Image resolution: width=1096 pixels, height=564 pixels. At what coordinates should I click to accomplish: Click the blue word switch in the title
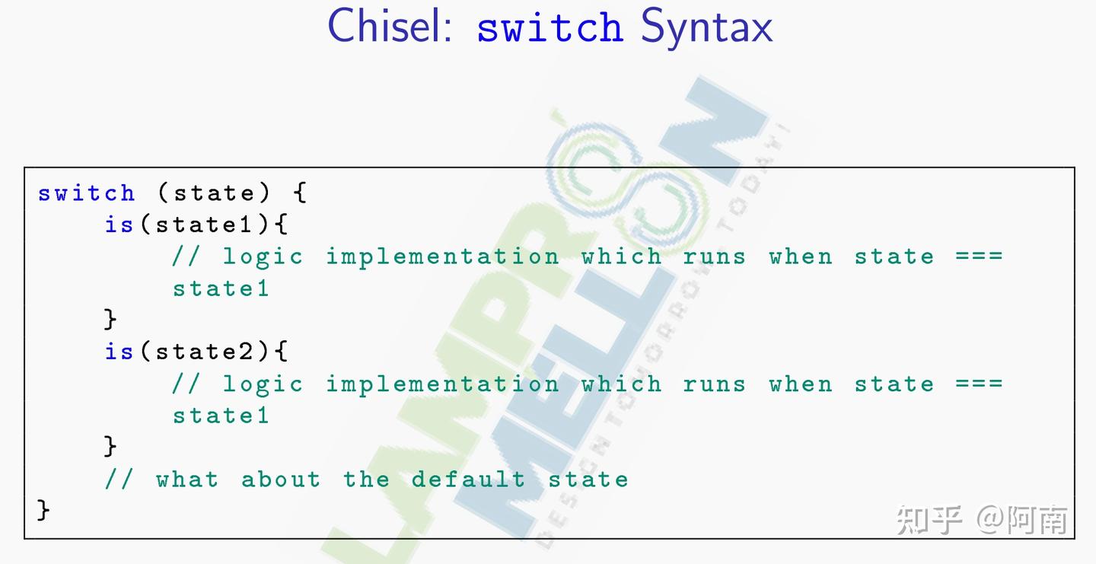coord(550,28)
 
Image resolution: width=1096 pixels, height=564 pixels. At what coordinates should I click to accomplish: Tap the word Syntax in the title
coord(706,27)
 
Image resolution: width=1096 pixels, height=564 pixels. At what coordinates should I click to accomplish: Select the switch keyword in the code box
coord(86,193)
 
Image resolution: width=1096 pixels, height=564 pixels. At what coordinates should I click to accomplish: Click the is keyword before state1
coord(119,225)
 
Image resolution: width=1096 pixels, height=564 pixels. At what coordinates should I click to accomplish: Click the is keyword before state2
coord(119,352)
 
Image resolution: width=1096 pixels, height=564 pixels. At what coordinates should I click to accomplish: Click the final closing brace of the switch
coord(43,510)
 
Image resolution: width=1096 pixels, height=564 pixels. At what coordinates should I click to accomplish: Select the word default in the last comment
coord(468,480)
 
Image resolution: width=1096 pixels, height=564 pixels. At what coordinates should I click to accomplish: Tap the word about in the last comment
coord(281,480)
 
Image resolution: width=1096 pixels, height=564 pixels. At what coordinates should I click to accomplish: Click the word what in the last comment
coord(187,480)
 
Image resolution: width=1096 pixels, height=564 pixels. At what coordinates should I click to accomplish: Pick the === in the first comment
coord(980,257)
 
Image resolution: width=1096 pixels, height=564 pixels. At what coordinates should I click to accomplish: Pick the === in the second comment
coord(980,384)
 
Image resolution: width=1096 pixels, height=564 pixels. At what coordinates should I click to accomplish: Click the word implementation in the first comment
coord(442,257)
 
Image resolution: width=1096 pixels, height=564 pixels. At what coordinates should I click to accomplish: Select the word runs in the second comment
coord(714,384)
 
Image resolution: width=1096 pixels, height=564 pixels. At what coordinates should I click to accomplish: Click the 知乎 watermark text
coord(929,519)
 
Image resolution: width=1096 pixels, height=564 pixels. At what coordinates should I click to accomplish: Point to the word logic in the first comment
coord(263,257)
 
